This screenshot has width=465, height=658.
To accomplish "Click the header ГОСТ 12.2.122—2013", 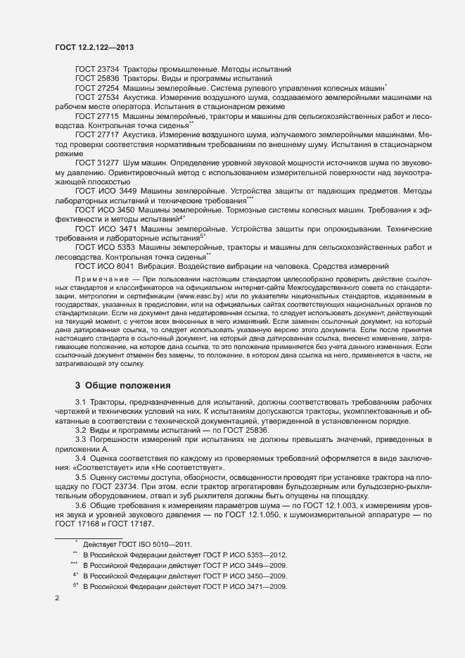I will (94, 47).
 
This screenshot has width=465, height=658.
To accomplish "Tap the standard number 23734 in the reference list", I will (109, 69).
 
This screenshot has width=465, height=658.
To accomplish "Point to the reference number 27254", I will (109, 87).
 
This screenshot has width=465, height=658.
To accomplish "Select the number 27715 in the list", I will (109, 115).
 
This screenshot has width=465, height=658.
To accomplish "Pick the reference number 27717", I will (109, 134).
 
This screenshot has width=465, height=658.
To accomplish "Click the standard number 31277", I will (109, 162).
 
